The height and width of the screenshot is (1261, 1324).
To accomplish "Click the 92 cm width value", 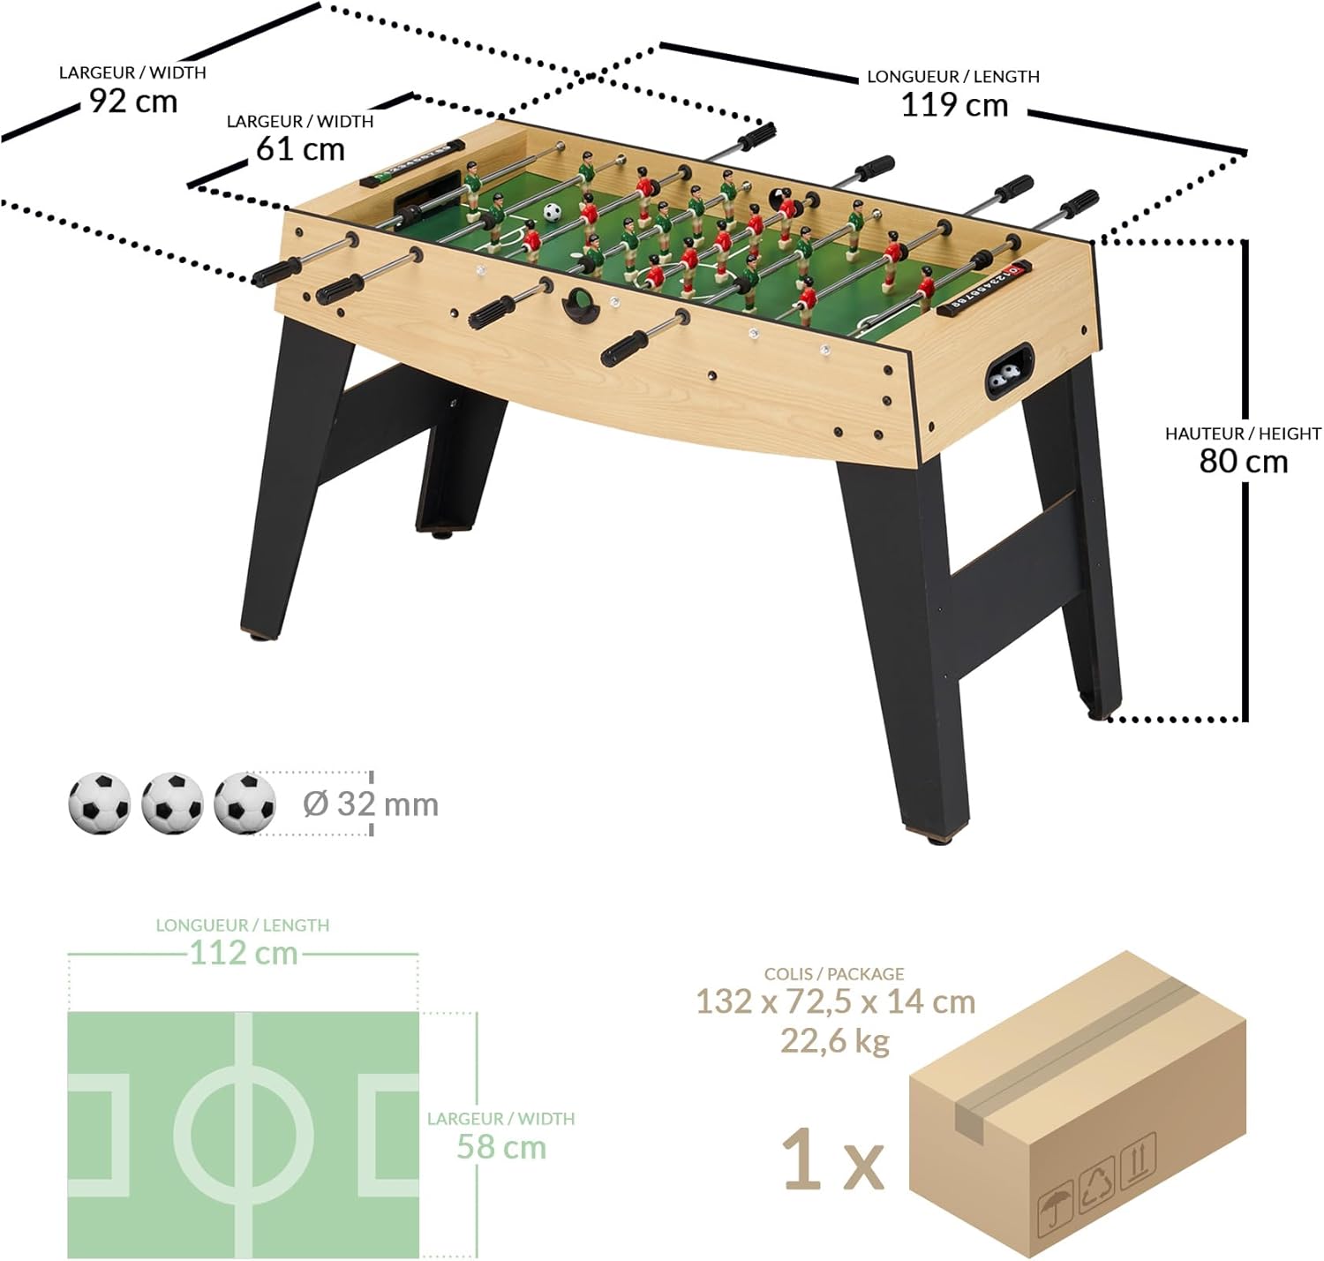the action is [133, 102].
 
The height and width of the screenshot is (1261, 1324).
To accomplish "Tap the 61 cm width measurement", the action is [300, 149].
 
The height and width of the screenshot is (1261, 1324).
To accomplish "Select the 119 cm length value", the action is [954, 105].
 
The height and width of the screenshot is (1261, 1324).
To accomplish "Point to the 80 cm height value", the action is [1243, 462].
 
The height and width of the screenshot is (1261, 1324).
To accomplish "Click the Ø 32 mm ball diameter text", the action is [371, 804].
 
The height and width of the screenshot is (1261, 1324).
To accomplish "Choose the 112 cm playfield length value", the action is [244, 953].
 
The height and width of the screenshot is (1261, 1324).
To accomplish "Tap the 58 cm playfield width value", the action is [501, 1146].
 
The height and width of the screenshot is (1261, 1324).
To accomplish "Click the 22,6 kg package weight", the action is [835, 1040].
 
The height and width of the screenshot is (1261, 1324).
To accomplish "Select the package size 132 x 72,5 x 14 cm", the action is [835, 1001].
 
